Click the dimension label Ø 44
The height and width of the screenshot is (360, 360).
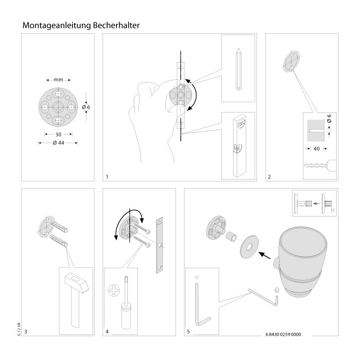click(x=58, y=143)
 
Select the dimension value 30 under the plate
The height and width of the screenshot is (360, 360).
click(x=58, y=134)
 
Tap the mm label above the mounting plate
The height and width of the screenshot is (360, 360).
click(x=58, y=80)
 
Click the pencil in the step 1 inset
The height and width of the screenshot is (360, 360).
click(x=238, y=71)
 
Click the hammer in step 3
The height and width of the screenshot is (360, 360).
click(x=75, y=297)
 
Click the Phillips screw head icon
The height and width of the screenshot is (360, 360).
click(x=113, y=291)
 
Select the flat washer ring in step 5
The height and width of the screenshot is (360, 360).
click(x=248, y=247)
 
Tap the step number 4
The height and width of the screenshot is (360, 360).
click(x=107, y=332)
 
